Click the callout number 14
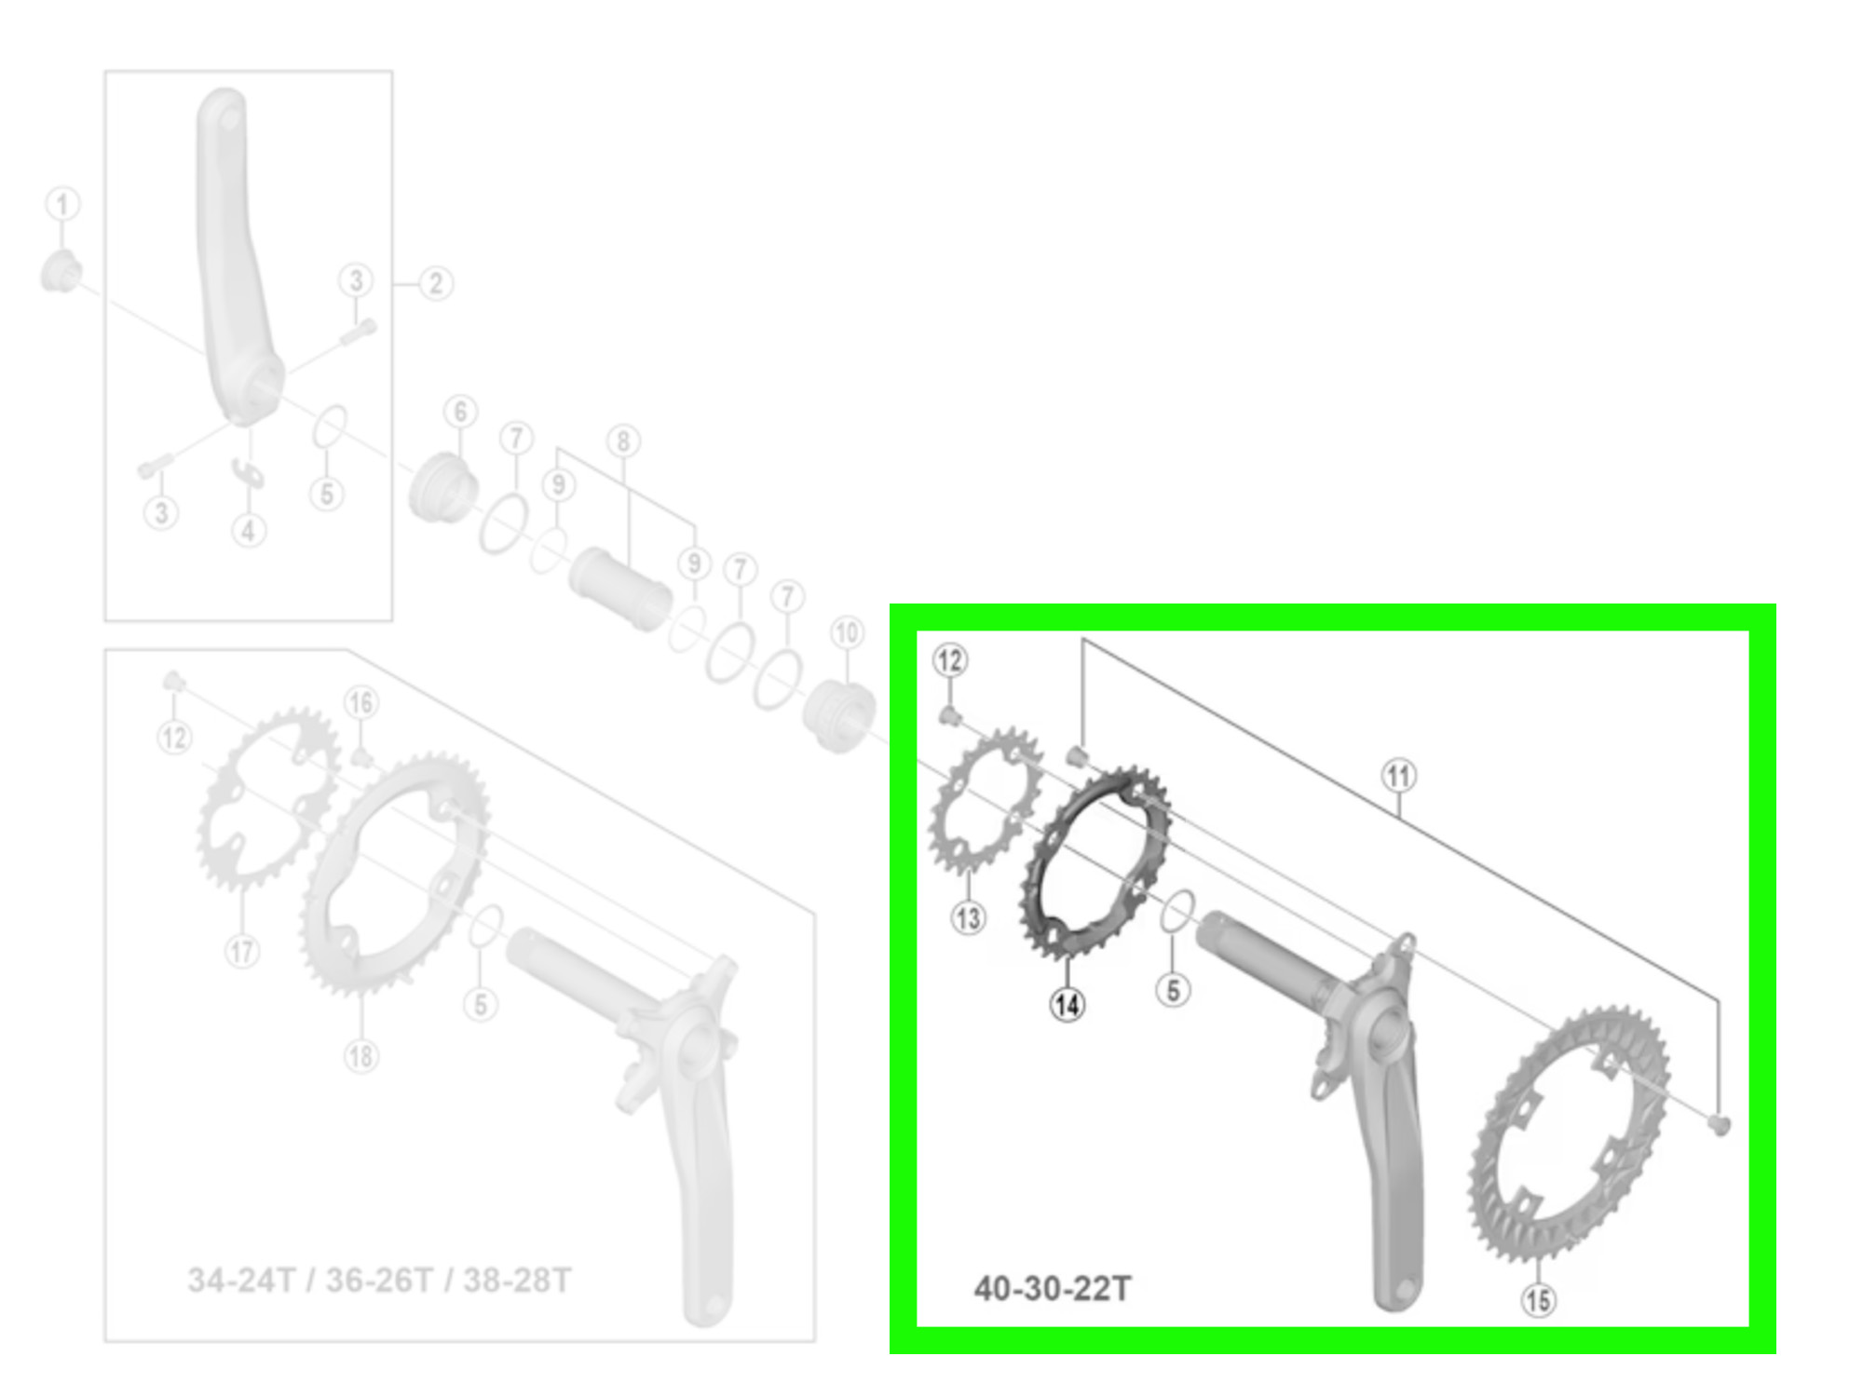[1067, 1004]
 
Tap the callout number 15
[1538, 1300]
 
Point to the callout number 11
[1398, 776]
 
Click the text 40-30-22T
[1053, 1289]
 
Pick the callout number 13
[968, 918]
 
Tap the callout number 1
[62, 204]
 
